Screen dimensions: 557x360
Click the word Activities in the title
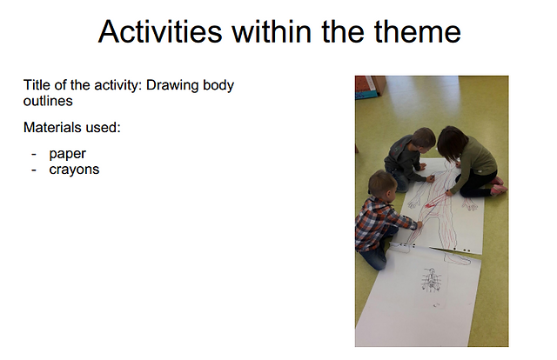tap(160, 31)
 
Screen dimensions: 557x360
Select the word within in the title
tap(272, 31)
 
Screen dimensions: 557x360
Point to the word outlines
tap(48, 101)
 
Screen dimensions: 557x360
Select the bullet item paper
tap(68, 155)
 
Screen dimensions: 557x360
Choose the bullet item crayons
tap(74, 170)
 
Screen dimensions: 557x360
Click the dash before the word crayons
tap(34, 170)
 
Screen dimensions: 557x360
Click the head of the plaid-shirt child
tap(382, 183)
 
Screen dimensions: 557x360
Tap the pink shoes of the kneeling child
tap(499, 185)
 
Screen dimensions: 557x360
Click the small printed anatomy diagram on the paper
tap(431, 280)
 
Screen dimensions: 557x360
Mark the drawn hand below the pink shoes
tap(470, 204)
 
